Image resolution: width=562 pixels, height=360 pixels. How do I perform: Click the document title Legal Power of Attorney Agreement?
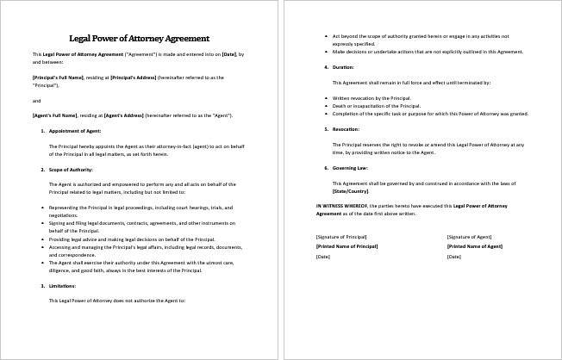click(140, 38)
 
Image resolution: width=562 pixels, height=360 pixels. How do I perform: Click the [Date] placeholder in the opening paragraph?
click(229, 54)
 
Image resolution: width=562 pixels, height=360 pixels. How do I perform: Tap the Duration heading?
click(342, 66)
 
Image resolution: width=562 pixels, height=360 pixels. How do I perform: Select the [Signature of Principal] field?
click(342, 236)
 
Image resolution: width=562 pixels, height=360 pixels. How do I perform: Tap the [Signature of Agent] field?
click(469, 236)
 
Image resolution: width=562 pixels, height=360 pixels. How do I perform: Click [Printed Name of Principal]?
click(347, 246)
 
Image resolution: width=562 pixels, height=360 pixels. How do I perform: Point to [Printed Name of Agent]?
click(474, 246)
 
